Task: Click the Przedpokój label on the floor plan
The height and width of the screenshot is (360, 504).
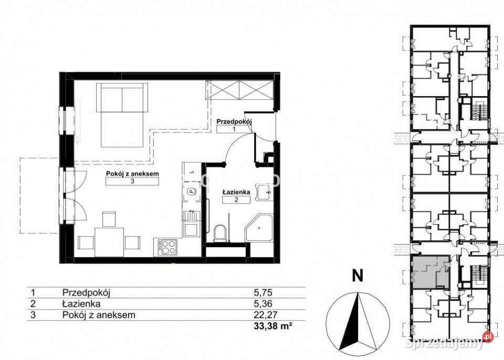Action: click(x=234, y=122)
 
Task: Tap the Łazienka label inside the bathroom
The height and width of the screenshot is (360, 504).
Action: click(x=236, y=192)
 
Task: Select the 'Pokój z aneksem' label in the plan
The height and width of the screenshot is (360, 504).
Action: click(x=132, y=174)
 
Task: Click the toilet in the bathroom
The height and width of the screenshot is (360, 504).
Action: click(x=220, y=232)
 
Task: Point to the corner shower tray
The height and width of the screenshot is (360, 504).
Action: click(x=259, y=228)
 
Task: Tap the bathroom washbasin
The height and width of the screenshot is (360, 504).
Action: click(x=264, y=193)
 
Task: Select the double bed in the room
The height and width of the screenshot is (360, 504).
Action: click(x=122, y=115)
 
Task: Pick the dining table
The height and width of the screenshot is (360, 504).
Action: click(x=109, y=242)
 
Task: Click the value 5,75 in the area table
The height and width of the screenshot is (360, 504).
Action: click(x=263, y=292)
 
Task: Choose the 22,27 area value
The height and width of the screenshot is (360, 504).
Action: click(x=266, y=315)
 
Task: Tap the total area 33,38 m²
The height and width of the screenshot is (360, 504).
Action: click(x=273, y=326)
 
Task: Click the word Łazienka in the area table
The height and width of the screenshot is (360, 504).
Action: click(x=81, y=303)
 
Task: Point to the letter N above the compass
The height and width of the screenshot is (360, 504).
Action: click(x=358, y=276)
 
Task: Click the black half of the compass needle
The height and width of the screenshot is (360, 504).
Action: click(x=350, y=321)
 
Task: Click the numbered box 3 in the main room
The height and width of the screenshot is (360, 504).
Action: click(x=132, y=181)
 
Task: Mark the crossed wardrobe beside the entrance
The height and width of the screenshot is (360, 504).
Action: click(x=240, y=90)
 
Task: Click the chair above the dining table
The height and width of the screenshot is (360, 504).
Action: click(x=109, y=219)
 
